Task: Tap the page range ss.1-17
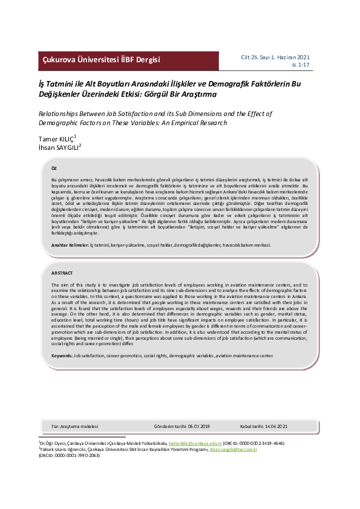[x=308, y=64]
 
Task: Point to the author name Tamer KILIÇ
[x=55, y=139]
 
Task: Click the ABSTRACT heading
[x=62, y=273]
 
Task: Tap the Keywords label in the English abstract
[x=62, y=356]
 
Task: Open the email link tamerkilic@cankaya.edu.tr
[x=195, y=443]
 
